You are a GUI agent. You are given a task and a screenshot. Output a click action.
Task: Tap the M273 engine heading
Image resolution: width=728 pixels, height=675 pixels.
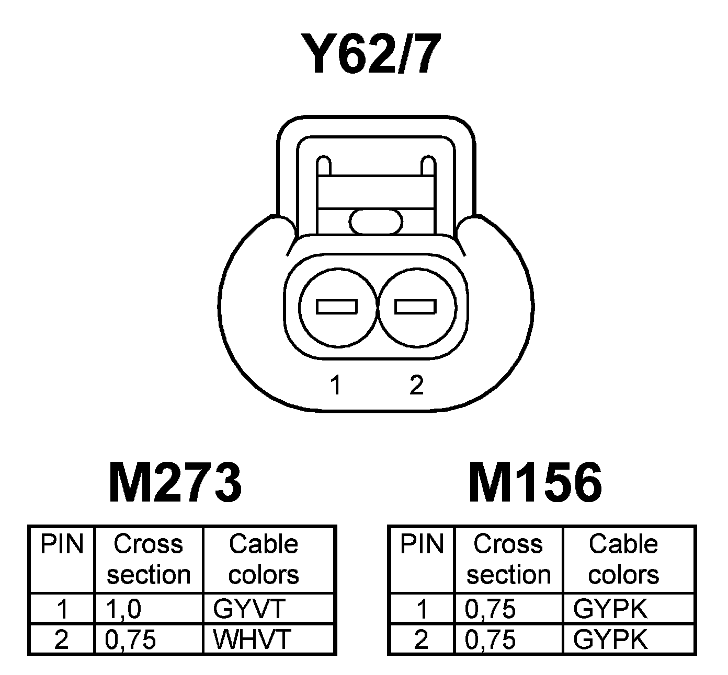click(x=175, y=483)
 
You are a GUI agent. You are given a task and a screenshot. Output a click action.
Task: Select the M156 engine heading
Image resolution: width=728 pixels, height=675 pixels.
click(x=535, y=483)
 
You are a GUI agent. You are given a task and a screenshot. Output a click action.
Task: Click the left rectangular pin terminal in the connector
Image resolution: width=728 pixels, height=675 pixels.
click(x=337, y=307)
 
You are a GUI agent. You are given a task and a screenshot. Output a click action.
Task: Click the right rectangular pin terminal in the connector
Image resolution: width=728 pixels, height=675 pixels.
click(x=415, y=307)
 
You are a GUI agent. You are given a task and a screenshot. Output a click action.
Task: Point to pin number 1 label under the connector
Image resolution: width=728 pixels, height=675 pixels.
click(x=335, y=386)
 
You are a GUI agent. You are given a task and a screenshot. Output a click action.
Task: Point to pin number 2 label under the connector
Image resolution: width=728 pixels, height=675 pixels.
click(x=416, y=386)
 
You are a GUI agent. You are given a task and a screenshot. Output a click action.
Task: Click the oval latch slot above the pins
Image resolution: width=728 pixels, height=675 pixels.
click(x=377, y=221)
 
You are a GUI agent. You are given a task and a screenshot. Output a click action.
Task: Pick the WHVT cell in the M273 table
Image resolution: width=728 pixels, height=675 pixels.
click(x=252, y=639)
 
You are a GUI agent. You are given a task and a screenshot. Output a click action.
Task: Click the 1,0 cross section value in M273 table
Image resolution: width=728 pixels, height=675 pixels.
click(x=123, y=609)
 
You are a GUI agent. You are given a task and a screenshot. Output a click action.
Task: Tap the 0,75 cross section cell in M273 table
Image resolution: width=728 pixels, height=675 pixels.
click(x=131, y=639)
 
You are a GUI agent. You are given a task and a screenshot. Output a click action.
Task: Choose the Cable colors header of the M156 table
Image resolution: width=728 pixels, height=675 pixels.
click(x=623, y=559)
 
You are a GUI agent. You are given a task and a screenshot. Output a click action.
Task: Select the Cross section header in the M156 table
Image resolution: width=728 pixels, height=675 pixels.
click(x=508, y=559)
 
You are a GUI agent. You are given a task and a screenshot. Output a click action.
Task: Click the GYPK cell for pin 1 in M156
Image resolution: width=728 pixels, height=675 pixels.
click(x=610, y=609)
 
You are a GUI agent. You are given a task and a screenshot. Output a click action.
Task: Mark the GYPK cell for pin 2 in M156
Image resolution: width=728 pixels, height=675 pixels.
click(x=610, y=639)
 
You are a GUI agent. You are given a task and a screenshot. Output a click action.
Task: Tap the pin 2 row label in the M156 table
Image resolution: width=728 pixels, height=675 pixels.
click(x=421, y=639)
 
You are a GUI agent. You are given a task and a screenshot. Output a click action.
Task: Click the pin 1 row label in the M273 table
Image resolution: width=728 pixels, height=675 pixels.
click(x=62, y=609)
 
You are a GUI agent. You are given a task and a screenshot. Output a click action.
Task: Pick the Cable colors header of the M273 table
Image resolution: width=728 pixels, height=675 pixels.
click(x=264, y=559)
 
